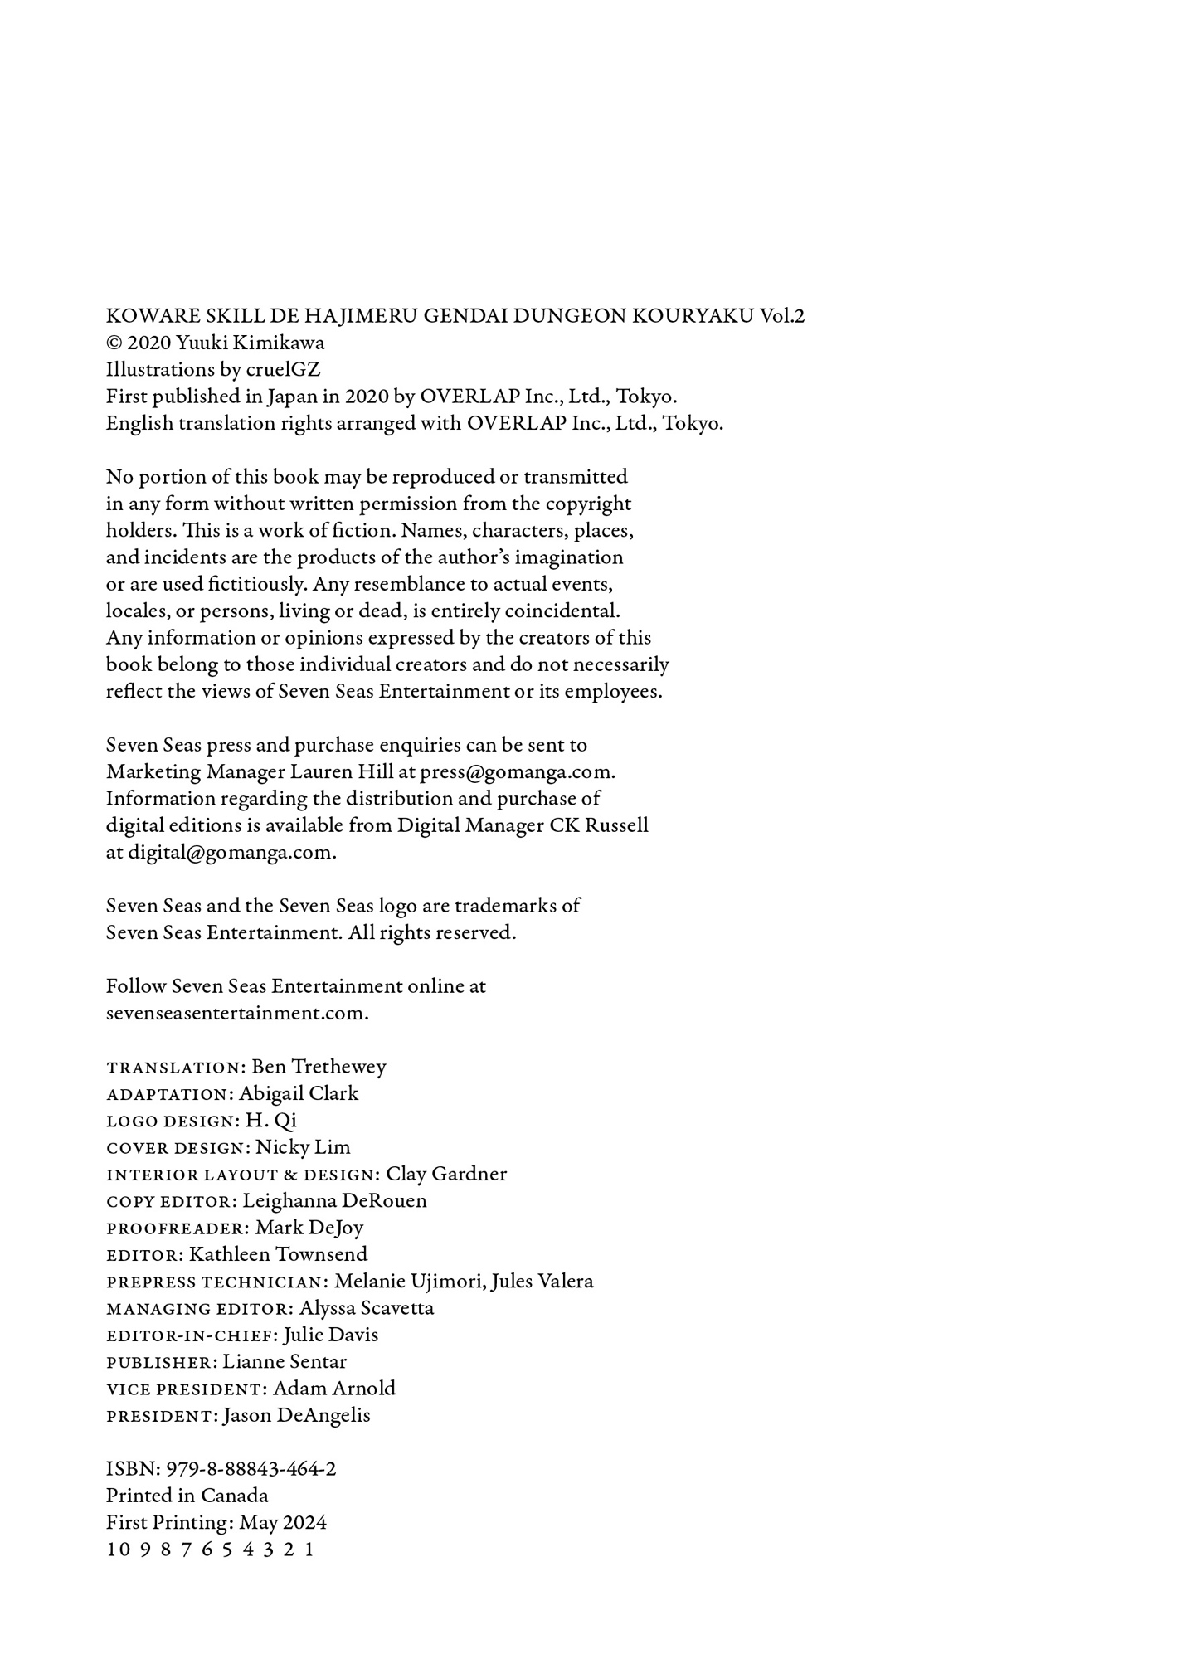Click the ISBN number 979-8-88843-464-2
(x=251, y=1469)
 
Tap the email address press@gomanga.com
(x=516, y=772)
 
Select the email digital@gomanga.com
(x=230, y=853)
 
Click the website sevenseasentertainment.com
(x=236, y=1014)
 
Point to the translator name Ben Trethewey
(x=319, y=1067)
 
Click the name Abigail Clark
(x=299, y=1094)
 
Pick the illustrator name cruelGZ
(x=283, y=370)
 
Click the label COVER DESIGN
(x=177, y=1148)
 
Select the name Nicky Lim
(x=303, y=1147)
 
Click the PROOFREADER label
(x=176, y=1228)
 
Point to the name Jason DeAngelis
(x=296, y=1416)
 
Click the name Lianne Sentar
(x=285, y=1362)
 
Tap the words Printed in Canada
(x=187, y=1496)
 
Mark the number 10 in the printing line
(x=118, y=1550)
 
